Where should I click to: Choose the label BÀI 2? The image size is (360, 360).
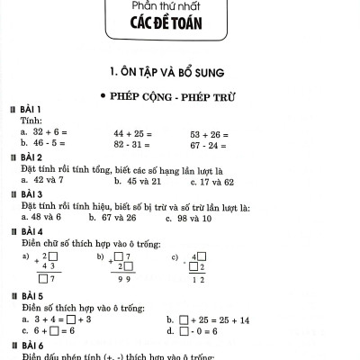pos(31,157)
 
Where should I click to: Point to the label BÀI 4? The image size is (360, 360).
pos(31,231)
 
